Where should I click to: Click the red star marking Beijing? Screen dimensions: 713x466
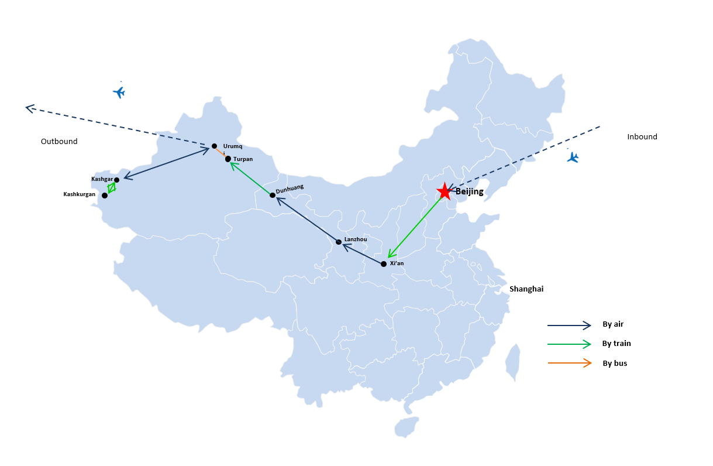[445, 191]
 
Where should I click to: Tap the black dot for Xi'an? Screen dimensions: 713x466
[384, 264]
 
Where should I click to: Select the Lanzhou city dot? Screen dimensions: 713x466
[339, 242]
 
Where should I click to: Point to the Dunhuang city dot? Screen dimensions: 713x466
[273, 195]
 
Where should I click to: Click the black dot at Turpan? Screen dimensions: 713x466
[228, 159]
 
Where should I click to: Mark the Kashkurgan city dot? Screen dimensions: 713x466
[105, 196]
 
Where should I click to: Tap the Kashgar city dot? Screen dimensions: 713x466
[116, 180]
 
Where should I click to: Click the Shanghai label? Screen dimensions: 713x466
[526, 289]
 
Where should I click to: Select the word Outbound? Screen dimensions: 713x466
[59, 142]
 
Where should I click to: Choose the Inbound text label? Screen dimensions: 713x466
[642, 136]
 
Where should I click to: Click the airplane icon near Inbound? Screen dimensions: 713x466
[573, 157]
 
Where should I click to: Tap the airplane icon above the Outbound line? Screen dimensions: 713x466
[119, 92]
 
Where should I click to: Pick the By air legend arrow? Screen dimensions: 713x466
[569, 325]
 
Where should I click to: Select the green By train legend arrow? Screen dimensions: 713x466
[569, 344]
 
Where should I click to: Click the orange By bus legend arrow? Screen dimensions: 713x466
[570, 363]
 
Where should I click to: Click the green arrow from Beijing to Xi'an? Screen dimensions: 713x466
[415, 227]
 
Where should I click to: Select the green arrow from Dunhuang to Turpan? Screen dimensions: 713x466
[250, 178]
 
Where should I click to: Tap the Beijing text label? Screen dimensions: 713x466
[470, 192]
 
